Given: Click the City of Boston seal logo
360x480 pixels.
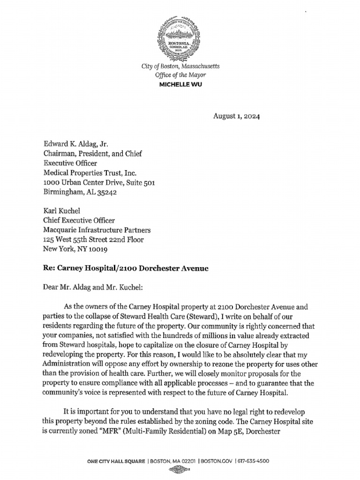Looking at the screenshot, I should point(180,39).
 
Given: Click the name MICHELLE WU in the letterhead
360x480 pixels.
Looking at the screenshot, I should point(180,84).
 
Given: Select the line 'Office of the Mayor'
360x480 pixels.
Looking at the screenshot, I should point(180,75).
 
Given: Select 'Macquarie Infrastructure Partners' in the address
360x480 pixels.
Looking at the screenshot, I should point(97,230).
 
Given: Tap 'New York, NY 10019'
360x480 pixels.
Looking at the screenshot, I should point(75,249).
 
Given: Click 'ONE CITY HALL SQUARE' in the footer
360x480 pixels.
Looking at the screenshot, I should point(116,462).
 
